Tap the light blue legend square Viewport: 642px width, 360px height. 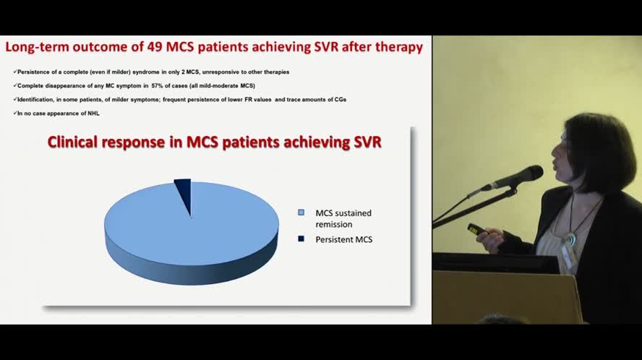point(301,213)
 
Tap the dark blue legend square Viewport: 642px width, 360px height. point(301,239)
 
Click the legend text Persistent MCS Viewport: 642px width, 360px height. point(344,239)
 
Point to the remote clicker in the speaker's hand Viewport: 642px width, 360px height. point(476,229)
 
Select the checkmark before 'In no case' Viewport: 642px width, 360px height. point(14,113)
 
